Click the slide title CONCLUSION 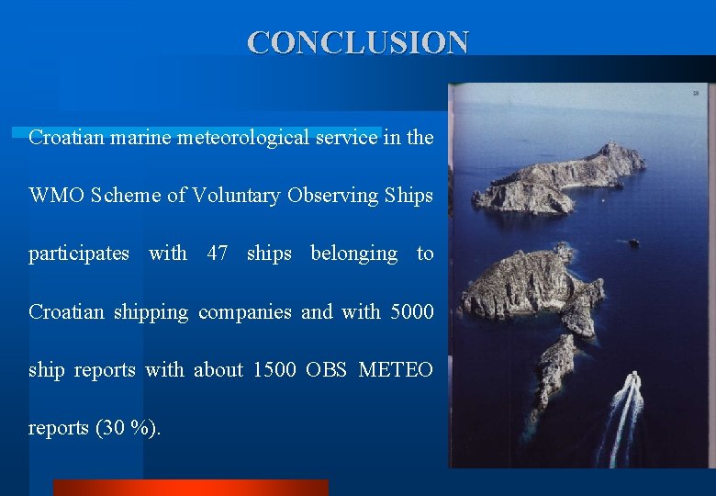click(x=358, y=42)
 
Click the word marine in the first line click(x=142, y=138)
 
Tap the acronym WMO click(x=57, y=196)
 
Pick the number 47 click(x=218, y=254)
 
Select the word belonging click(x=354, y=254)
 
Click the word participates click(x=79, y=254)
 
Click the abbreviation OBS click(x=325, y=370)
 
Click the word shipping click(x=150, y=312)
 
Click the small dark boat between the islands click(x=633, y=242)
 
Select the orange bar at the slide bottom click(x=190, y=488)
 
